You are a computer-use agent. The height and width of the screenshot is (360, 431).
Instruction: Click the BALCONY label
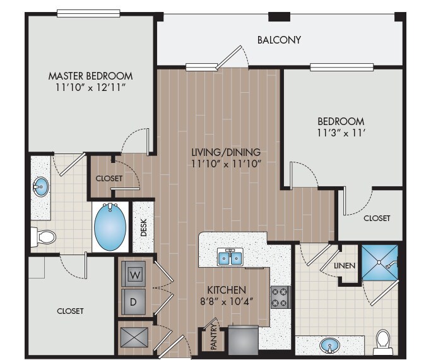[x=279, y=40]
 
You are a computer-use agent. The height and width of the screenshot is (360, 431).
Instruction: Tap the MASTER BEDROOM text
[x=92, y=76]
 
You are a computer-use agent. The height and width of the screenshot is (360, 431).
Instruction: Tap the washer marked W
[x=135, y=275]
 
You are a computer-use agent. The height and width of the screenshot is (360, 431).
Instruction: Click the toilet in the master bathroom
[x=44, y=237]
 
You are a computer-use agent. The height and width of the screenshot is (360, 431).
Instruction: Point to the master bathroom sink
[x=40, y=187]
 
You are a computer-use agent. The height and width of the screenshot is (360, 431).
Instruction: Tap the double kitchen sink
[x=231, y=258]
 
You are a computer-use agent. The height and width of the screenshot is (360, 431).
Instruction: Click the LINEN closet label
[x=344, y=266]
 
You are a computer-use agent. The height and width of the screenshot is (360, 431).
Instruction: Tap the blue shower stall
[x=379, y=261]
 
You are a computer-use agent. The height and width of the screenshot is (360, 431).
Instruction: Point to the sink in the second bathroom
[x=328, y=345]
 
